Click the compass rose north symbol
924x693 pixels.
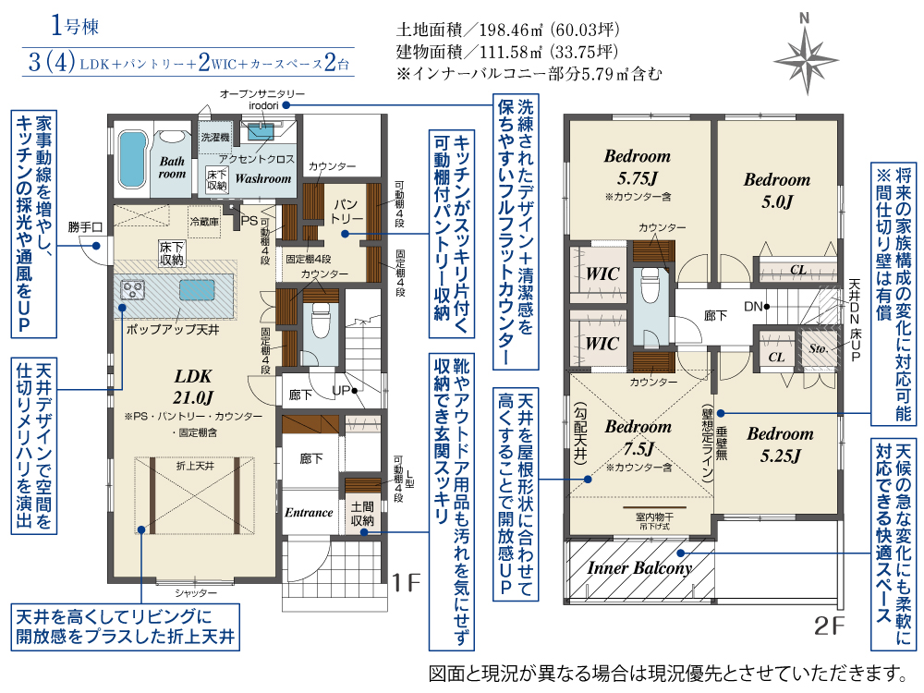click(x=805, y=54)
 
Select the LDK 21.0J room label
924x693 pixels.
click(x=194, y=386)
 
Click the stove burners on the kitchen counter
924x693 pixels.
click(x=134, y=290)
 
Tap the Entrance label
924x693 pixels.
click(x=309, y=513)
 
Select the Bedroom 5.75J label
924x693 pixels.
click(x=637, y=165)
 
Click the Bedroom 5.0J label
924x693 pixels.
click(x=777, y=189)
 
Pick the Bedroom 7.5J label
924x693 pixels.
click(x=638, y=438)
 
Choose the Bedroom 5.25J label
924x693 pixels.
click(x=781, y=444)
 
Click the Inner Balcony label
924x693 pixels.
click(x=639, y=568)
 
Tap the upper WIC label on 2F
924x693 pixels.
click(x=602, y=274)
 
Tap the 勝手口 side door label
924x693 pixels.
click(x=84, y=226)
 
